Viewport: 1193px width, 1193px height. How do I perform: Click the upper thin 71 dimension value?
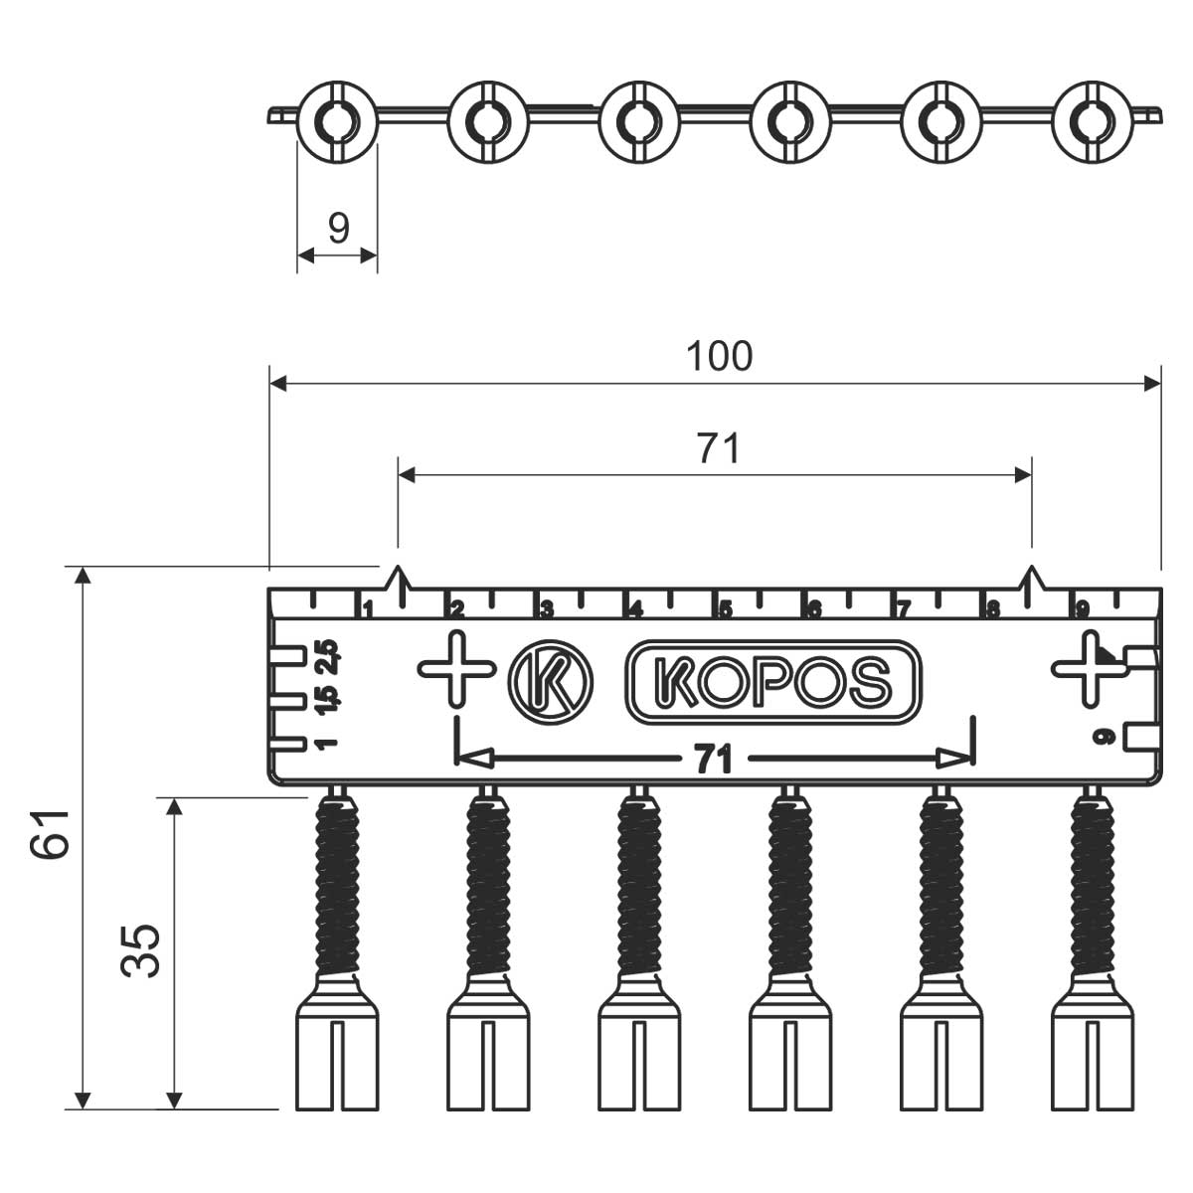pyautogui.click(x=718, y=449)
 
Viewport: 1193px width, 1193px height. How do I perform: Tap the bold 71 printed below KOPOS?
pyautogui.click(x=712, y=761)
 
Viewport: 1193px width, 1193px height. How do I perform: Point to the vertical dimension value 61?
pyautogui.click(x=51, y=833)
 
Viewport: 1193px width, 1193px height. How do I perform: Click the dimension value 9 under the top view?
pyautogui.click(x=339, y=229)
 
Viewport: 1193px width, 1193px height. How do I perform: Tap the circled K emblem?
pyautogui.click(x=550, y=683)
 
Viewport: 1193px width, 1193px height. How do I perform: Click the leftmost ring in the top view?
pyautogui.click(x=336, y=121)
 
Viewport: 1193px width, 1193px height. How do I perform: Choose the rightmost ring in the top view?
pyautogui.click(x=1092, y=121)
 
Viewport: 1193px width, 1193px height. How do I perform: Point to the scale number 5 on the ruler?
pyautogui.click(x=726, y=609)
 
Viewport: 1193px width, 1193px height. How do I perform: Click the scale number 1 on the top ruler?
pyautogui.click(x=367, y=608)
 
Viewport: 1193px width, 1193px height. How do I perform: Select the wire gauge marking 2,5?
pyautogui.click(x=328, y=657)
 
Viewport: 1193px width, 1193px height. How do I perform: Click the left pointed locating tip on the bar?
pyautogui.click(x=399, y=578)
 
